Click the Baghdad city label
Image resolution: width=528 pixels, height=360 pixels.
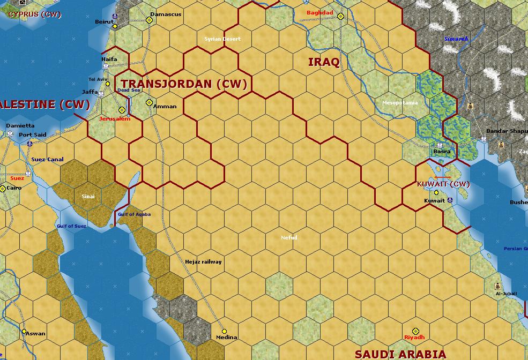319,12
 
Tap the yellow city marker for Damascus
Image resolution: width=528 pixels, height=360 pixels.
150,20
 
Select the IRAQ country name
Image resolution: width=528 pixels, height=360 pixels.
324,62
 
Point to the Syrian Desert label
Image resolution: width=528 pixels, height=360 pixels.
222,39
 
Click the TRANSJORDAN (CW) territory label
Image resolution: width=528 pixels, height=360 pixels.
184,84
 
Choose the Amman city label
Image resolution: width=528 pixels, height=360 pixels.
165,106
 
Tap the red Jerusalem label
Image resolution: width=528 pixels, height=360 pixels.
115,118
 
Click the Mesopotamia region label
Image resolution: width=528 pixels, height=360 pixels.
400,103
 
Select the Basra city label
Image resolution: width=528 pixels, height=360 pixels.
442,152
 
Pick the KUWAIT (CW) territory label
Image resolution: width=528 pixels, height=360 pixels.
443,184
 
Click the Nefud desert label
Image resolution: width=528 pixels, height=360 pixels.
289,237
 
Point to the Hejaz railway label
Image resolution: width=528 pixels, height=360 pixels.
203,261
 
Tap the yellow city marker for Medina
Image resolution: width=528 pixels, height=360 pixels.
224,331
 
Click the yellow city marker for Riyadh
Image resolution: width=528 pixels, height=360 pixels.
415,332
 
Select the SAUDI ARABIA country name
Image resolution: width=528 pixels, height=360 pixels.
400,354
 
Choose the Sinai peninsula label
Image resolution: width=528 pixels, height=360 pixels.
88,196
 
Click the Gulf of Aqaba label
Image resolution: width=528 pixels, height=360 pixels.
134,214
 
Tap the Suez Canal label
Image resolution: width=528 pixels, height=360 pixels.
47,159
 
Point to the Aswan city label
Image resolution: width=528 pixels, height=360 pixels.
36,333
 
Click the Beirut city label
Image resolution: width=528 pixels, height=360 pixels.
104,21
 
